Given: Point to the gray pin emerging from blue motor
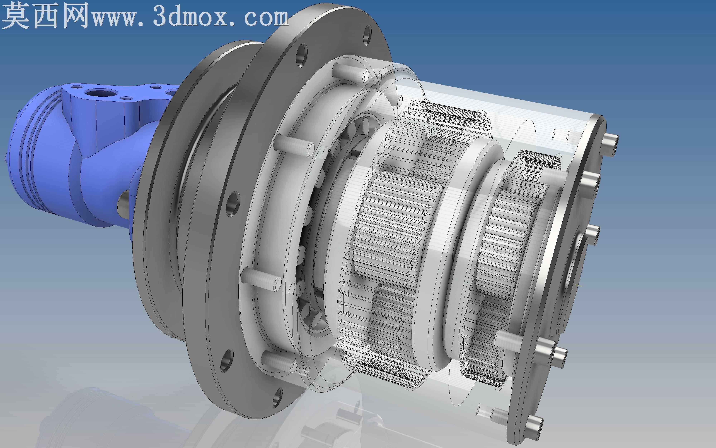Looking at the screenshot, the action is pos(124,204).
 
